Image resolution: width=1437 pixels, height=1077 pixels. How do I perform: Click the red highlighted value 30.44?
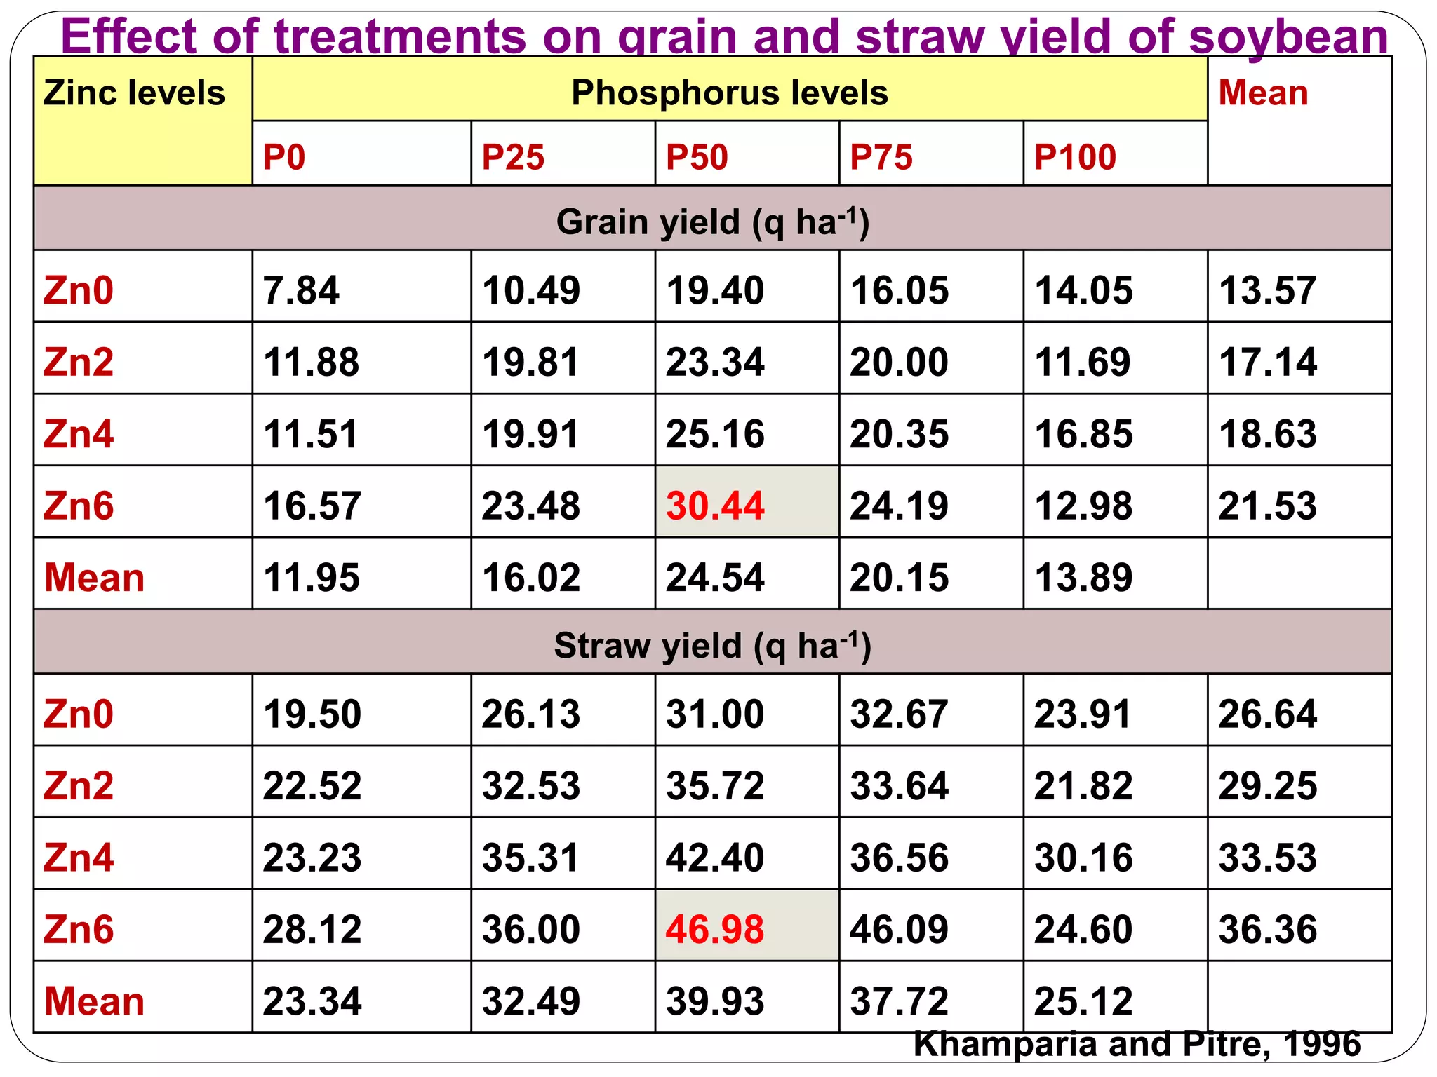click(x=714, y=506)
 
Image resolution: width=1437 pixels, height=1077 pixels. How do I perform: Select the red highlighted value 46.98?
click(x=714, y=929)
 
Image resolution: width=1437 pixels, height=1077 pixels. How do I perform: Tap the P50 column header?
click(x=697, y=156)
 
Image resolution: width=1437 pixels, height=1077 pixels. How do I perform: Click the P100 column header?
click(x=1074, y=156)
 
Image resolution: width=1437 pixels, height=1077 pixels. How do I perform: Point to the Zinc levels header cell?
click(x=134, y=93)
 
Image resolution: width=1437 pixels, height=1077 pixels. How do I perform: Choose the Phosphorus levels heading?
click(x=729, y=93)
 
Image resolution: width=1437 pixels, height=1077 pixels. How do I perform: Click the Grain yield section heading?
click(x=712, y=222)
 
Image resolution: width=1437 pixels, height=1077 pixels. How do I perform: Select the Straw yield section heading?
click(x=712, y=645)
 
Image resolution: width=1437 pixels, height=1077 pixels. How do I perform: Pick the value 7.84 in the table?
click(x=301, y=290)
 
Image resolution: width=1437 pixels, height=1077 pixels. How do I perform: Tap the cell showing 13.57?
click(x=1267, y=290)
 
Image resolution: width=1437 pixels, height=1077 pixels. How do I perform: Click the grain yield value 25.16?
click(x=714, y=434)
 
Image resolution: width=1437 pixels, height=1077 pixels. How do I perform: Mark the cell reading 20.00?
click(x=899, y=363)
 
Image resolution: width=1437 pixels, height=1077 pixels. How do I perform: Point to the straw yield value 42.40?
click(x=714, y=857)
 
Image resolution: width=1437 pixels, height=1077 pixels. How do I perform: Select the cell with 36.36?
click(x=1267, y=929)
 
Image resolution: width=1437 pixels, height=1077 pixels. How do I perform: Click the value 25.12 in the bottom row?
click(x=1083, y=1001)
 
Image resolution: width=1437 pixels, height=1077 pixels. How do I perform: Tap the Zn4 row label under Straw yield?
click(x=78, y=857)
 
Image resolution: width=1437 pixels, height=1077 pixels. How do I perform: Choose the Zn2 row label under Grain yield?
click(x=78, y=363)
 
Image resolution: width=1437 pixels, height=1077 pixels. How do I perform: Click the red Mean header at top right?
click(x=1263, y=93)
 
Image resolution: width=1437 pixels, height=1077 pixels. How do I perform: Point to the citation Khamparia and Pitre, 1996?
click(x=1136, y=1044)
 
